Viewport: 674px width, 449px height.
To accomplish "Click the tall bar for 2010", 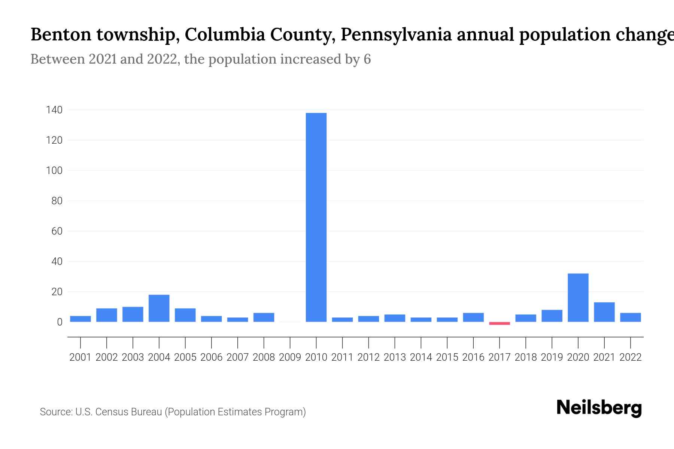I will click(316, 217).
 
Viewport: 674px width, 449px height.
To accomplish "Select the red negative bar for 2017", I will click(500, 323).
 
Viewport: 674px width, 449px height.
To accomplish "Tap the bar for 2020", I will click(578, 297).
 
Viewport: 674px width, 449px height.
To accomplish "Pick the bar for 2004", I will click(159, 308).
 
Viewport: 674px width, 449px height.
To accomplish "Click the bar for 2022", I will click(631, 317).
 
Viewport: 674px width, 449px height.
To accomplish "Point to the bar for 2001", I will click(81, 319).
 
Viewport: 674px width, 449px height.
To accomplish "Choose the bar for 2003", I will click(133, 314).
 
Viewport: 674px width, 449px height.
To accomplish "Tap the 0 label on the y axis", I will click(60, 322).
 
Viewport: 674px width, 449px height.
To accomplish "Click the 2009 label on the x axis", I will click(290, 357).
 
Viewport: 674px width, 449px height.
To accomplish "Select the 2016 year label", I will click(473, 357).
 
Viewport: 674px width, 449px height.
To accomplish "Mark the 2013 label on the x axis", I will click(395, 357).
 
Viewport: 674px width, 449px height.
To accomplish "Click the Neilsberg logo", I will click(599, 408).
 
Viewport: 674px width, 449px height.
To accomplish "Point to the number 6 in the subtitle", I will click(367, 59).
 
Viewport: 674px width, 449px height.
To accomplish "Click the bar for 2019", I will click(552, 316).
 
